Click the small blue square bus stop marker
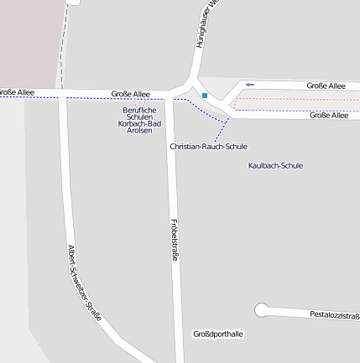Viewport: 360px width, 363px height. [x=204, y=96]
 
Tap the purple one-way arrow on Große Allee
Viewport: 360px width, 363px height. [x=249, y=85]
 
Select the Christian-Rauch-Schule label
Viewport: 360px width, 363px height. [x=208, y=147]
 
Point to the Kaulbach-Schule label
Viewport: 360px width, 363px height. [x=275, y=165]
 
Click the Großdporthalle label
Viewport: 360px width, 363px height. [x=217, y=334]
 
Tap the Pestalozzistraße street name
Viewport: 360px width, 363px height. [x=334, y=316]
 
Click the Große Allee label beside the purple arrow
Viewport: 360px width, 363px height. [x=326, y=86]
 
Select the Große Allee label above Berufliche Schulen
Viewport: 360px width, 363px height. [x=130, y=94]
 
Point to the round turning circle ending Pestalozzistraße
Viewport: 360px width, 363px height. [x=263, y=310]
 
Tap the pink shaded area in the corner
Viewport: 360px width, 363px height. [x=29, y=38]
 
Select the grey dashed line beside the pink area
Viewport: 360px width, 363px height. [x=62, y=42]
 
